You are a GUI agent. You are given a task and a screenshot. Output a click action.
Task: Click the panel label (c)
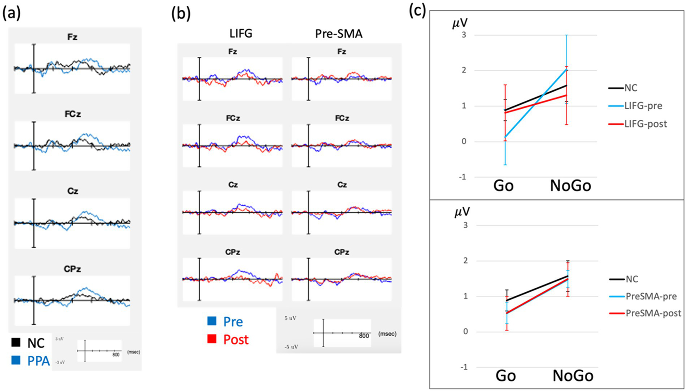(417, 11)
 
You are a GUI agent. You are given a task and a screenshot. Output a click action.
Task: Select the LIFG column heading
(241, 34)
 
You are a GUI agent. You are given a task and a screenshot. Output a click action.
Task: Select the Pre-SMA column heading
(339, 34)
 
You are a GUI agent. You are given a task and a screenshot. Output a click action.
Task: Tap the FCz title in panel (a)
(73, 114)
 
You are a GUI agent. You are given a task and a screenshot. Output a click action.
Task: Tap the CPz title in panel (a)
(73, 269)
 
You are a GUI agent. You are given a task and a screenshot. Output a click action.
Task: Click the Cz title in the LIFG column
(233, 185)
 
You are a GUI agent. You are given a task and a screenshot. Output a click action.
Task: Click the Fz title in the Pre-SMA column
(341, 52)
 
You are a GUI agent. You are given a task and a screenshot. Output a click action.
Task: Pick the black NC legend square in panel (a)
(16, 342)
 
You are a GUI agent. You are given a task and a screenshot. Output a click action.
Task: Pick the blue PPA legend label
(38, 361)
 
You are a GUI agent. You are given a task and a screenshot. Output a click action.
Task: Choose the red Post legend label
(236, 340)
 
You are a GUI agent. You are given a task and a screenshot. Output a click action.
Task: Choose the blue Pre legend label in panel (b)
(233, 322)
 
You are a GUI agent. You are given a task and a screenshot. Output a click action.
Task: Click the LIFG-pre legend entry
(643, 106)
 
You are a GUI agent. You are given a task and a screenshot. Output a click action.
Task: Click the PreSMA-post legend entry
(653, 313)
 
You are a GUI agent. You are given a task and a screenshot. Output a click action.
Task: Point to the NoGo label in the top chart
(571, 185)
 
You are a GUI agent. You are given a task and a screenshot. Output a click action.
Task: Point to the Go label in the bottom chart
(506, 375)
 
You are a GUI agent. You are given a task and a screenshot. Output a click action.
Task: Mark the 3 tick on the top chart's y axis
(464, 35)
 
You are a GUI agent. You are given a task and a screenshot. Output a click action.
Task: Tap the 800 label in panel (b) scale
(364, 336)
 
